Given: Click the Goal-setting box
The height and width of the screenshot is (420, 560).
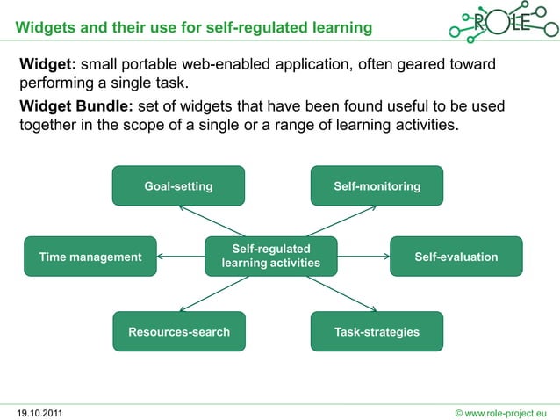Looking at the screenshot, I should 178,185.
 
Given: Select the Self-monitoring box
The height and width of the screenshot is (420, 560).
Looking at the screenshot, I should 377,185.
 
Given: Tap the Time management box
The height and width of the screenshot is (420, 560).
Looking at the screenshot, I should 90,257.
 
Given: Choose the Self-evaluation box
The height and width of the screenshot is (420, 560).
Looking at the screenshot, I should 456,257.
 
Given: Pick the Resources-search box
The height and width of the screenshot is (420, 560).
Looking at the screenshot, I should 179,331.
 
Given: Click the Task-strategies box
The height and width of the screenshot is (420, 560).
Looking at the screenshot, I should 377,331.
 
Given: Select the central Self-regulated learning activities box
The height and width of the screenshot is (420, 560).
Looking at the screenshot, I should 270,257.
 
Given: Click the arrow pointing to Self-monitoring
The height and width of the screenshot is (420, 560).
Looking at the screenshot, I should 341,221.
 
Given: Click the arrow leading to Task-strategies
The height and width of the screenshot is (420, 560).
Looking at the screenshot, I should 341,293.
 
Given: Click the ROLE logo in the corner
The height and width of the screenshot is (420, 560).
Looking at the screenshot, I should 501,24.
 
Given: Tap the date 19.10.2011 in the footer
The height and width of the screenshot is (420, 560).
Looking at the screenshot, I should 39,412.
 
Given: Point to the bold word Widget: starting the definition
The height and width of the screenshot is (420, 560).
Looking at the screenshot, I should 48,66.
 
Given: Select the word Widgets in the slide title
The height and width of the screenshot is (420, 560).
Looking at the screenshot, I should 45,28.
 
